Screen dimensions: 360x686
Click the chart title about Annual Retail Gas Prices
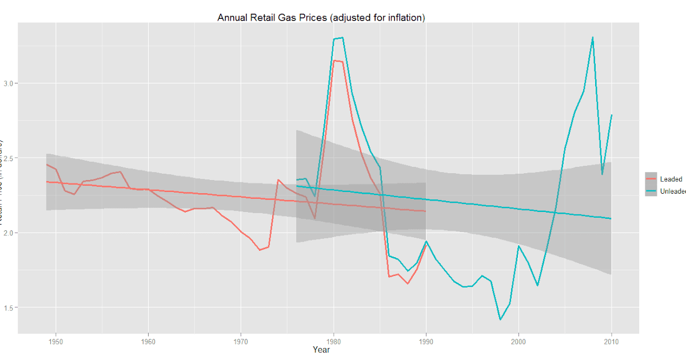point(321,18)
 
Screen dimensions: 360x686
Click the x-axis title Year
point(321,350)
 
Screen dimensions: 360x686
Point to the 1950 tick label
point(55,341)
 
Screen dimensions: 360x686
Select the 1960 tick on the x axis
point(148,341)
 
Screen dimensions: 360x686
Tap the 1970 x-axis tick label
point(241,341)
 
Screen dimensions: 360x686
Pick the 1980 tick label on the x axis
point(333,341)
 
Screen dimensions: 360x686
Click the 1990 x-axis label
point(426,341)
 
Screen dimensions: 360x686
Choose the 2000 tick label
point(519,341)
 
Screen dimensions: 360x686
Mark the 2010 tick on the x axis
point(611,341)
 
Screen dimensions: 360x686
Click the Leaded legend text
point(671,179)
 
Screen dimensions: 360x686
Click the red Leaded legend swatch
point(651,179)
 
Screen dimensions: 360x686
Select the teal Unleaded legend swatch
point(651,191)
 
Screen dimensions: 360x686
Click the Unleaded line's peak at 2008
point(592,38)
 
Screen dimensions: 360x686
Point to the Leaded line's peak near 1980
point(334,61)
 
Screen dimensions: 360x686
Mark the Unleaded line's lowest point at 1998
point(500,319)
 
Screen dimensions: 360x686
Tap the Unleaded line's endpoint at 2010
point(611,115)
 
